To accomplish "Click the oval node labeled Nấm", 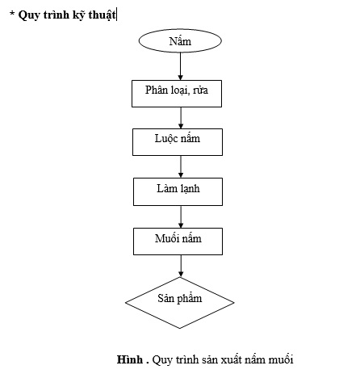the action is (180, 40).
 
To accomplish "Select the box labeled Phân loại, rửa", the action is (177, 94).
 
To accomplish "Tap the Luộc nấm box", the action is (178, 142).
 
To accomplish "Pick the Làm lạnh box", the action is (178, 191).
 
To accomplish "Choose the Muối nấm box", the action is (178, 241).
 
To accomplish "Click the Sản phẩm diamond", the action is (180, 303).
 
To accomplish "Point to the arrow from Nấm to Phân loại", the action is (180, 66).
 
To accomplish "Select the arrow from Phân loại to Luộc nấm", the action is (181, 118).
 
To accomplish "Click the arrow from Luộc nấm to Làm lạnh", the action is (181, 166).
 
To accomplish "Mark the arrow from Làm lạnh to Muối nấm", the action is (181, 216).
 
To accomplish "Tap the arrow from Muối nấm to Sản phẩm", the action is (181, 266).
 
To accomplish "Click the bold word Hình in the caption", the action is (130, 359).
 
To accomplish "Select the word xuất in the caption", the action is (231, 359).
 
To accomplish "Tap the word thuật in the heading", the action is (102, 15).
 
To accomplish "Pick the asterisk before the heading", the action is (12, 13).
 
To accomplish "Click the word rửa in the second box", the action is (200, 90).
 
